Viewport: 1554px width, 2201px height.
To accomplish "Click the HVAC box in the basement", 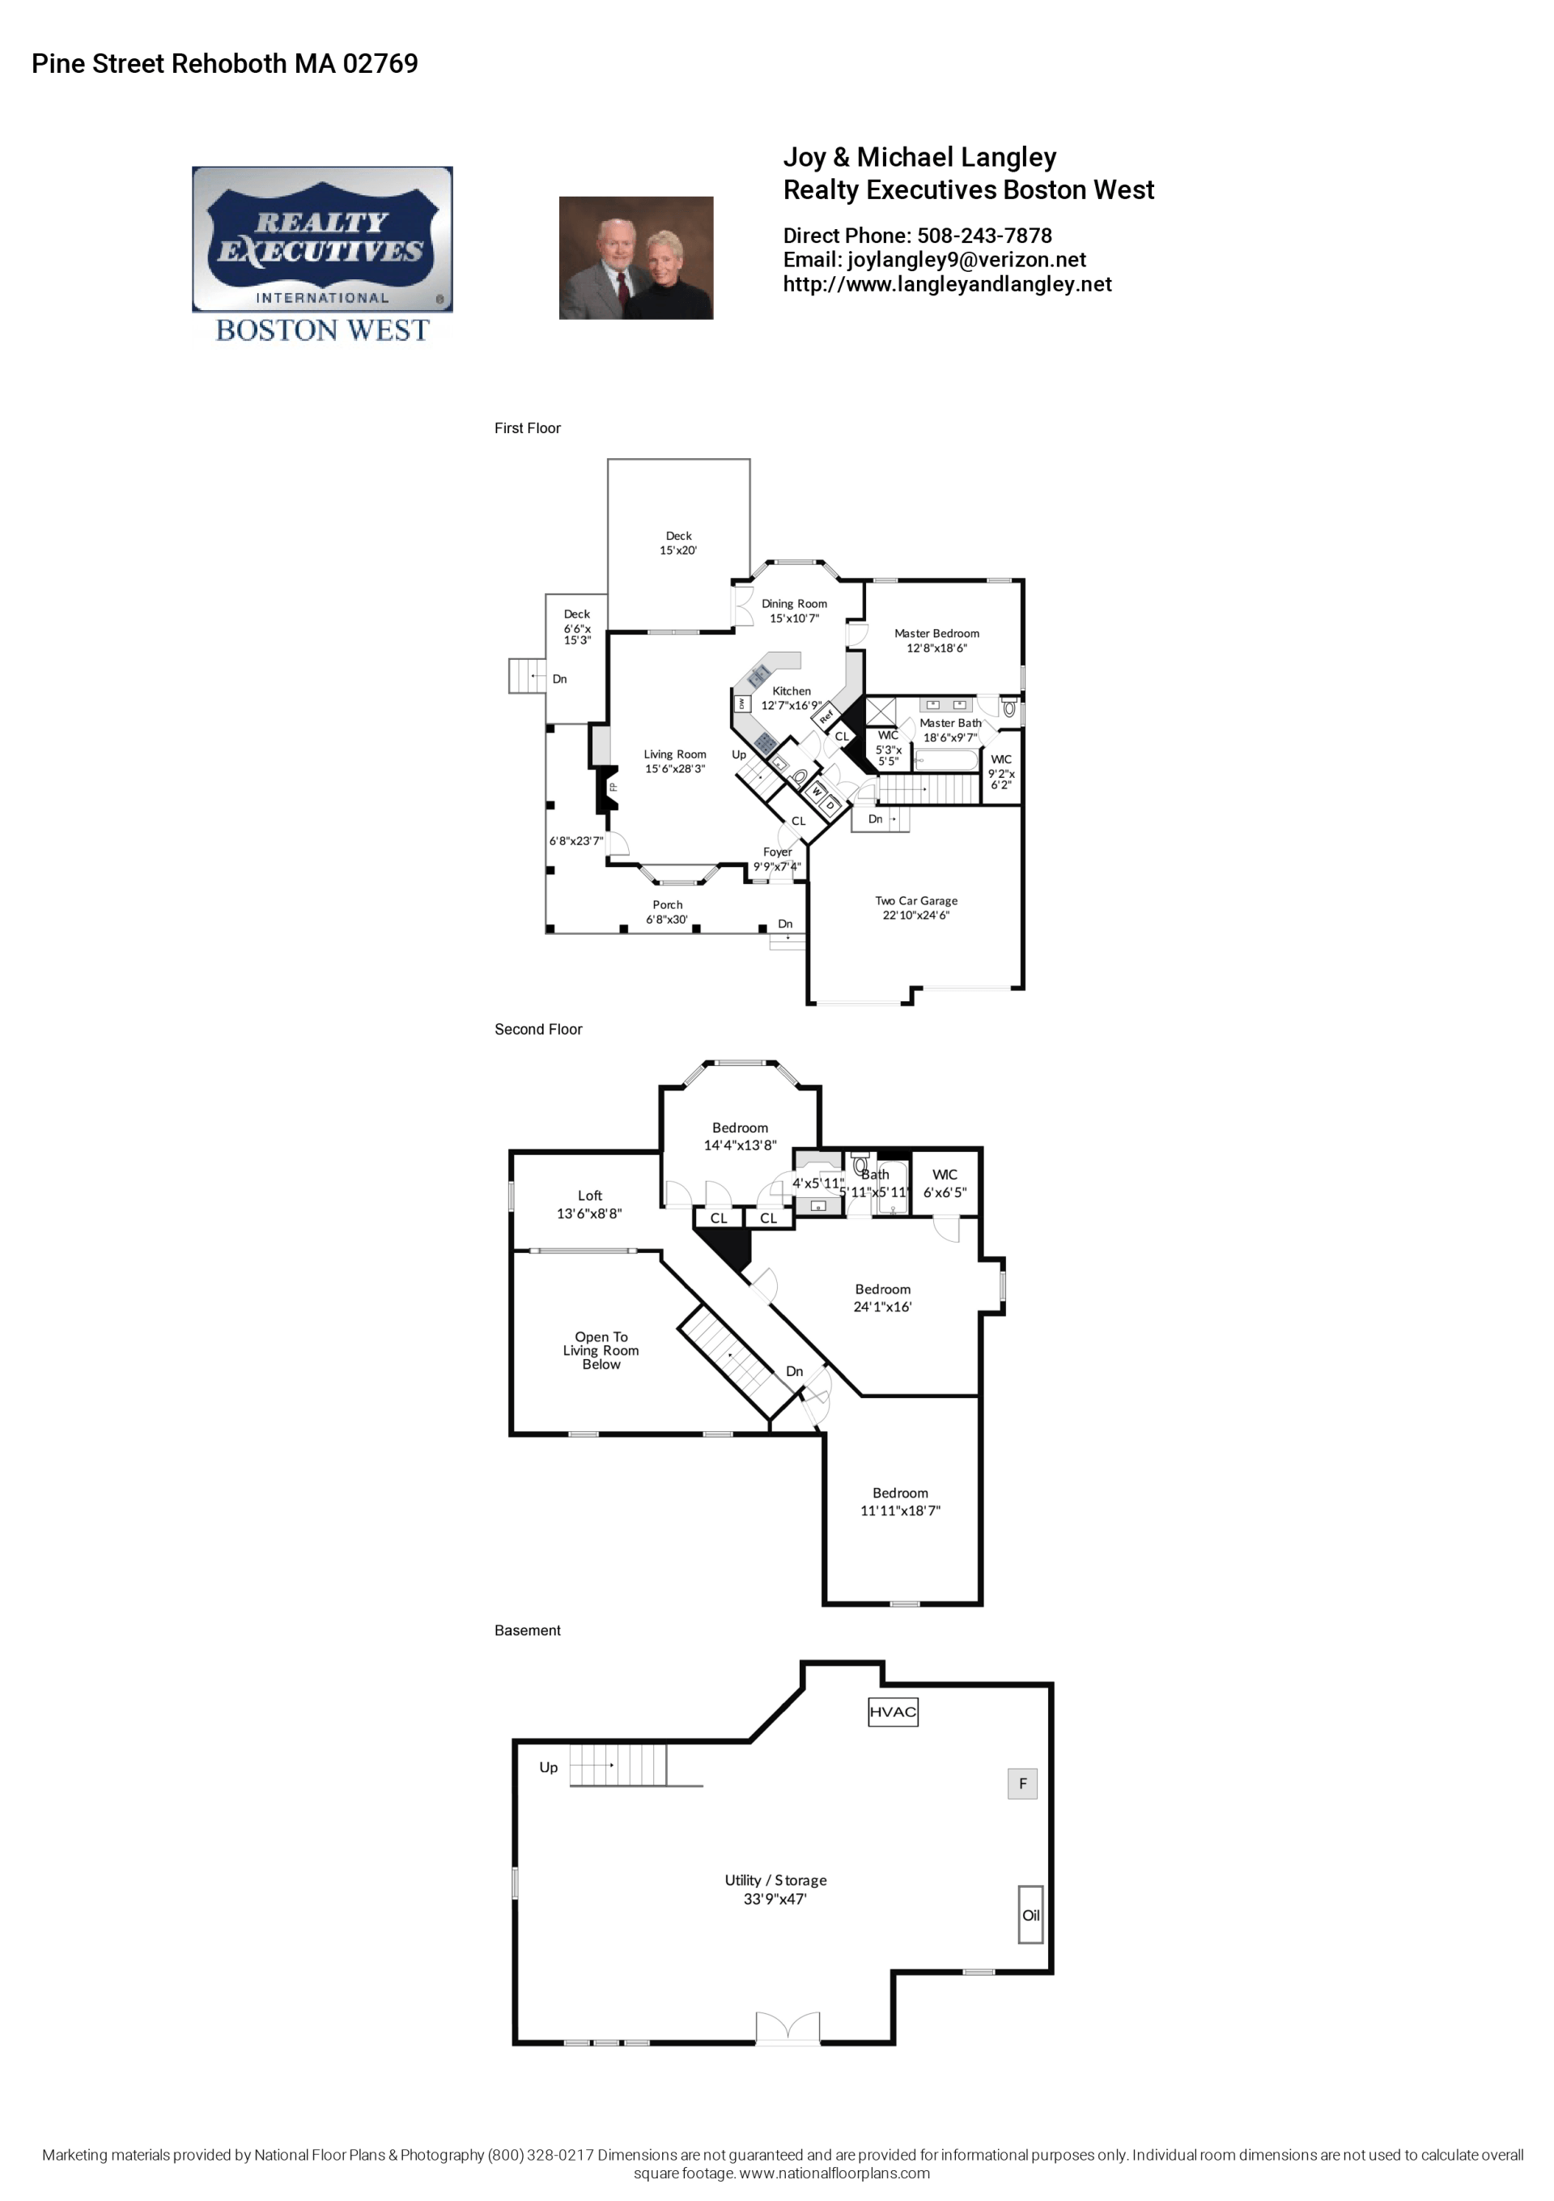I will (x=892, y=1712).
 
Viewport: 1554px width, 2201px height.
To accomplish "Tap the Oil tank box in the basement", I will (x=1030, y=1914).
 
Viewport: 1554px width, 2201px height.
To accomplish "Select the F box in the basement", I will (x=1022, y=1783).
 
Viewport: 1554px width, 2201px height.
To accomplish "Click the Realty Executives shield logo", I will (x=322, y=240).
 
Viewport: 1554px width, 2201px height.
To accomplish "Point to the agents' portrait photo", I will (x=635, y=258).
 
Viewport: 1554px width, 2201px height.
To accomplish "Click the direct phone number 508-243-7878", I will (x=984, y=236).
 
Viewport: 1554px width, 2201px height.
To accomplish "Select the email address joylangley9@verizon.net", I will (x=966, y=260).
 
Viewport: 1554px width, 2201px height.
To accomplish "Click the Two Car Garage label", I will (x=915, y=907).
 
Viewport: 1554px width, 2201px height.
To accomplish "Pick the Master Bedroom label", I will (x=936, y=640).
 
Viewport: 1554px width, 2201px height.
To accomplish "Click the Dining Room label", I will (x=794, y=610).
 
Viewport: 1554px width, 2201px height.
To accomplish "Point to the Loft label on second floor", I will (x=589, y=1204).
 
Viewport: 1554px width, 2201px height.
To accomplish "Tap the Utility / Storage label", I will (x=775, y=1889).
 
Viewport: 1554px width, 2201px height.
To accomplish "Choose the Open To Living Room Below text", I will (x=601, y=1349).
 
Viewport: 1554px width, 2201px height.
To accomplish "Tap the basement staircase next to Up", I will (x=618, y=1765).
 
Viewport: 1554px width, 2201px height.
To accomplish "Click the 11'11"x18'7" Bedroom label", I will (x=900, y=1502).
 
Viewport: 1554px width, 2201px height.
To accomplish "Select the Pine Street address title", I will (x=224, y=63).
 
